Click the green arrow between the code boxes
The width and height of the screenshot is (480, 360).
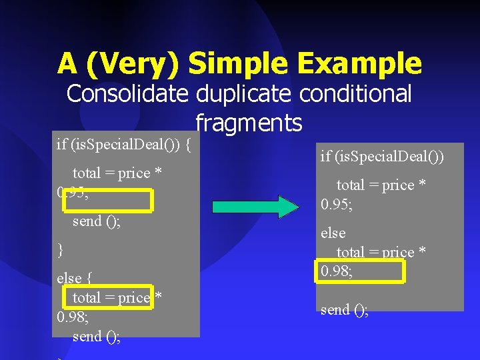[256, 207]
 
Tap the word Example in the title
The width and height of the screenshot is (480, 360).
[361, 64]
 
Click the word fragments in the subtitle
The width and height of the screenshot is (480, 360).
[249, 123]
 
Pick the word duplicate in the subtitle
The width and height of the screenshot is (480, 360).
[243, 94]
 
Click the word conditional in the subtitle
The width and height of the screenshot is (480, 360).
[355, 94]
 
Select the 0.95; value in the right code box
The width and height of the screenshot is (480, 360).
[337, 204]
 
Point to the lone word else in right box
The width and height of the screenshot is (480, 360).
[333, 233]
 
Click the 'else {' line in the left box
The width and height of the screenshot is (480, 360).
[74, 278]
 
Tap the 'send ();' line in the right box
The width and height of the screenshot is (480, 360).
[344, 310]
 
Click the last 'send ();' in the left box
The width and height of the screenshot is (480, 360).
[97, 337]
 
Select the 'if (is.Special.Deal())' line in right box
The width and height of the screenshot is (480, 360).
[382, 157]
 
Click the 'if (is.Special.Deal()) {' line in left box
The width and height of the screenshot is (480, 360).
[124, 143]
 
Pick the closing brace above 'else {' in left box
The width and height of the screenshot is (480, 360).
[61, 250]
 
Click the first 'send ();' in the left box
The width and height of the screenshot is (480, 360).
[97, 221]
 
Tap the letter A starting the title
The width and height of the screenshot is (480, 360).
[67, 64]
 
